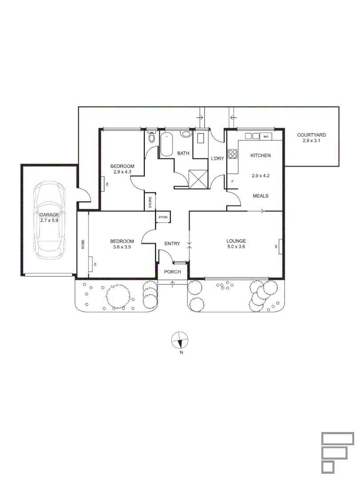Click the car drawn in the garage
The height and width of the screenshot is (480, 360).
tap(49, 220)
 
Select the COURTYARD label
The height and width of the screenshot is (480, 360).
tap(312, 135)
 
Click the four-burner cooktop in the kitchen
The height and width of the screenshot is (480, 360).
tap(232, 154)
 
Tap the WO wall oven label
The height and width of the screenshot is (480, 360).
tap(266, 136)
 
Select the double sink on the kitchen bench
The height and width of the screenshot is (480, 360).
tap(252, 136)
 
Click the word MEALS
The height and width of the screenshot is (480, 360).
tap(260, 196)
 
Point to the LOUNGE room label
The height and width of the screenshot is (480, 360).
tap(236, 241)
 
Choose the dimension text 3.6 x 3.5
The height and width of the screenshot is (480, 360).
tap(122, 247)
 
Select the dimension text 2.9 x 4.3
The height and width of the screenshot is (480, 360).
tap(122, 172)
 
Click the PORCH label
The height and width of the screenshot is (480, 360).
tap(172, 272)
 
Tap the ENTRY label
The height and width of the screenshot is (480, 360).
tap(172, 244)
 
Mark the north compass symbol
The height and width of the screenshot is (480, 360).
tap(180, 340)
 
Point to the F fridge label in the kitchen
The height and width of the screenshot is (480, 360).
tap(232, 181)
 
